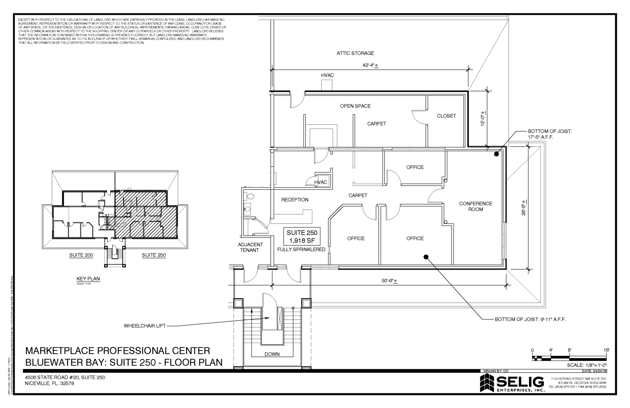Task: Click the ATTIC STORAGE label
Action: (x=355, y=53)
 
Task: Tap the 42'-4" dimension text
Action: (x=370, y=65)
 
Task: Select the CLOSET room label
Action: (x=446, y=116)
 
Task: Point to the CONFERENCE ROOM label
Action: (x=476, y=206)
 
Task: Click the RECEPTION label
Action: (x=295, y=200)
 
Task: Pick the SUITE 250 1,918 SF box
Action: (x=302, y=236)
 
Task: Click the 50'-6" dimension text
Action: (x=389, y=281)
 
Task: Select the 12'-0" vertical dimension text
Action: (x=483, y=119)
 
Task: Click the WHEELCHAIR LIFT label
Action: (x=145, y=326)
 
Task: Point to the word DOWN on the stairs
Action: (x=272, y=354)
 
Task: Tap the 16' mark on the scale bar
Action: (x=606, y=350)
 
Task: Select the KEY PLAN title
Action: (x=88, y=279)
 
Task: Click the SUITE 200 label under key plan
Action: (x=81, y=255)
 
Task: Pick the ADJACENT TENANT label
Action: (x=250, y=247)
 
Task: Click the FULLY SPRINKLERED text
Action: (x=301, y=249)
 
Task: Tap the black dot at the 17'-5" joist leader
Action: (x=496, y=154)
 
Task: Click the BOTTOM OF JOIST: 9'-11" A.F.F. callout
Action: (x=530, y=320)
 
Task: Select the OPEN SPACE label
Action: (x=355, y=106)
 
